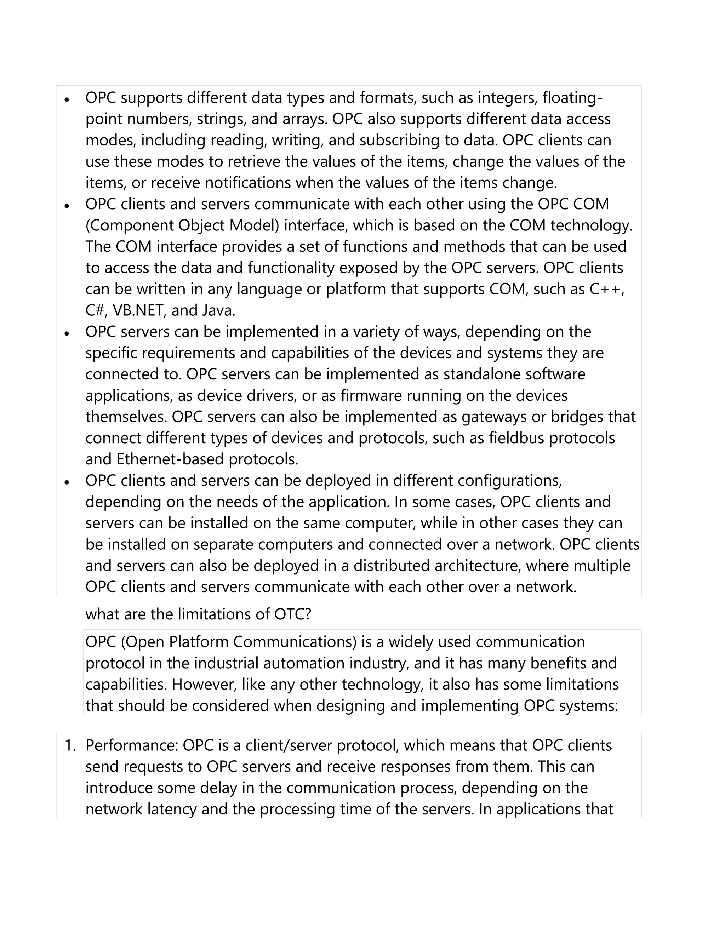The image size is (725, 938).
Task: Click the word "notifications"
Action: (248, 183)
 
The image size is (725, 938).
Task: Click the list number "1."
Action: (70, 745)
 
